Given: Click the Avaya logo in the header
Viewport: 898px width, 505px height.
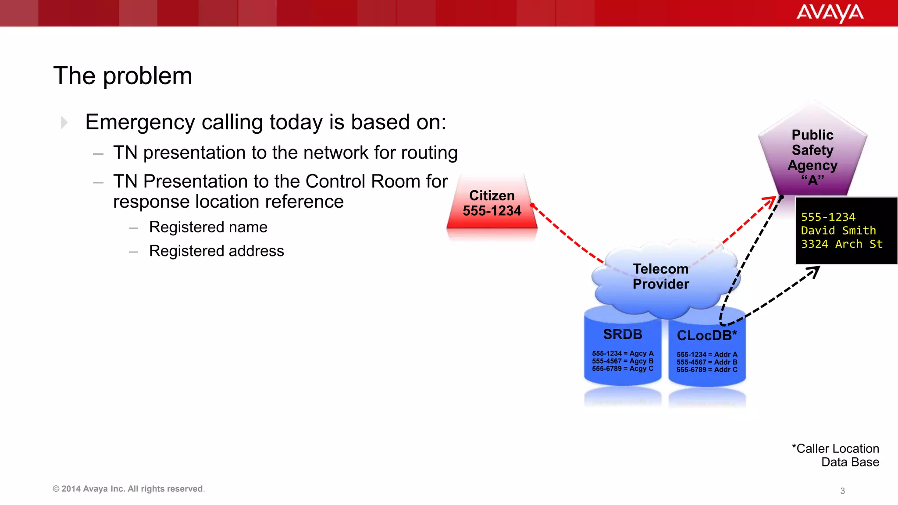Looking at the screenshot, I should [x=830, y=13].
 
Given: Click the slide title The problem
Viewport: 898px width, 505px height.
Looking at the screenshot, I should [x=123, y=76].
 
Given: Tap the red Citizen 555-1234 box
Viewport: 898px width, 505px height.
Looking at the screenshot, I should [x=492, y=204].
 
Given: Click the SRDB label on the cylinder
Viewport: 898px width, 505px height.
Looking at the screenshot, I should [x=623, y=334].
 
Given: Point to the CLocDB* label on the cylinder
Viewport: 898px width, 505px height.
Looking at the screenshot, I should [x=707, y=336].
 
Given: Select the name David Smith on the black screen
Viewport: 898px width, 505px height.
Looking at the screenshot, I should [x=838, y=231].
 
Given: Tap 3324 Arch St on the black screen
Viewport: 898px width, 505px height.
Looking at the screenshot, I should [x=841, y=244].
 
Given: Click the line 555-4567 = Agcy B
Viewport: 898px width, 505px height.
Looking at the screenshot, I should [x=623, y=361].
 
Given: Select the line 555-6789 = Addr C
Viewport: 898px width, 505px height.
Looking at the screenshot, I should [x=707, y=370].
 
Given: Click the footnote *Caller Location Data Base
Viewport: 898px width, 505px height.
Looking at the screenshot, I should [x=836, y=455].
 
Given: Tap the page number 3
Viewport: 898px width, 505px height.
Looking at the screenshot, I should [x=842, y=491].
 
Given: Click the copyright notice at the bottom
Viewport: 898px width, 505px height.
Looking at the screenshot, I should [x=128, y=489].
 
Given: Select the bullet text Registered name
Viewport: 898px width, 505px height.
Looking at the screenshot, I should [x=208, y=227].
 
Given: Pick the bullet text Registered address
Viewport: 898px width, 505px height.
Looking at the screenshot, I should [x=217, y=251].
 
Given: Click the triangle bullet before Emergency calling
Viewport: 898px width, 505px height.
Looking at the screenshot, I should [x=64, y=122].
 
